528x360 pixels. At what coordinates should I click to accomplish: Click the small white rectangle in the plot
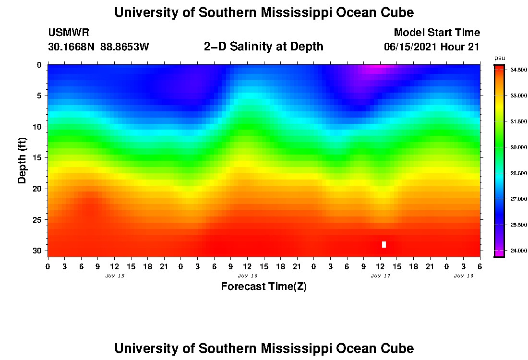pyautogui.click(x=384, y=244)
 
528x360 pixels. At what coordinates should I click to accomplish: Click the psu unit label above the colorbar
pyautogui.click(x=500, y=58)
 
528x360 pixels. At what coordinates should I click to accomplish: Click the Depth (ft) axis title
pyautogui.click(x=22, y=160)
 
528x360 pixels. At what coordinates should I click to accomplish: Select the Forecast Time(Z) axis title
pyautogui.click(x=264, y=287)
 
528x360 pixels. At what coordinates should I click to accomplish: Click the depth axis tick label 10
pyautogui.click(x=37, y=127)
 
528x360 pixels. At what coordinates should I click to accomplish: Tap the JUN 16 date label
pyautogui.click(x=248, y=276)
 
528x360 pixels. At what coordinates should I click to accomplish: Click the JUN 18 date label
pyautogui.click(x=464, y=276)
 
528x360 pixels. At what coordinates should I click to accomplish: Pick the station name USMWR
pyautogui.click(x=68, y=33)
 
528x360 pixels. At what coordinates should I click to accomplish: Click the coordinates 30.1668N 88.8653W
pyautogui.click(x=98, y=47)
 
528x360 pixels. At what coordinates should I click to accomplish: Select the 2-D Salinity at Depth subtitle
pyautogui.click(x=264, y=47)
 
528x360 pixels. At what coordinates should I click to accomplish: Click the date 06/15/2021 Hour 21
pyautogui.click(x=432, y=47)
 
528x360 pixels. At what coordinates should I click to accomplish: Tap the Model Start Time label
pyautogui.click(x=437, y=33)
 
